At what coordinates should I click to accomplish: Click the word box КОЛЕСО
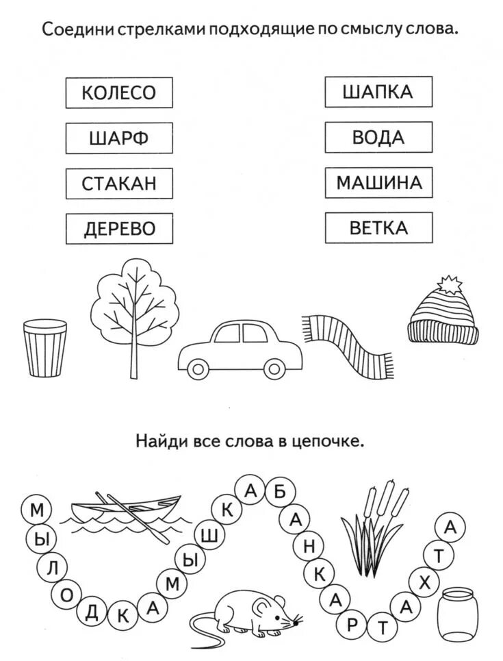pyautogui.click(x=119, y=92)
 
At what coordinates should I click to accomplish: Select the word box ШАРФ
pyautogui.click(x=119, y=138)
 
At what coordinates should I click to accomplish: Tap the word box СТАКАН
pyautogui.click(x=119, y=183)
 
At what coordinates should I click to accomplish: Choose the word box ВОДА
pyautogui.click(x=378, y=138)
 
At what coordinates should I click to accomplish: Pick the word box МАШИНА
pyautogui.click(x=378, y=183)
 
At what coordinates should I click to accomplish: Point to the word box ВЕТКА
pyautogui.click(x=378, y=228)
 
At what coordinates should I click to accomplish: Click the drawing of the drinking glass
pyautogui.click(x=45, y=349)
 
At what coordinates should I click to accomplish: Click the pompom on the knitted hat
pyautogui.click(x=449, y=284)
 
